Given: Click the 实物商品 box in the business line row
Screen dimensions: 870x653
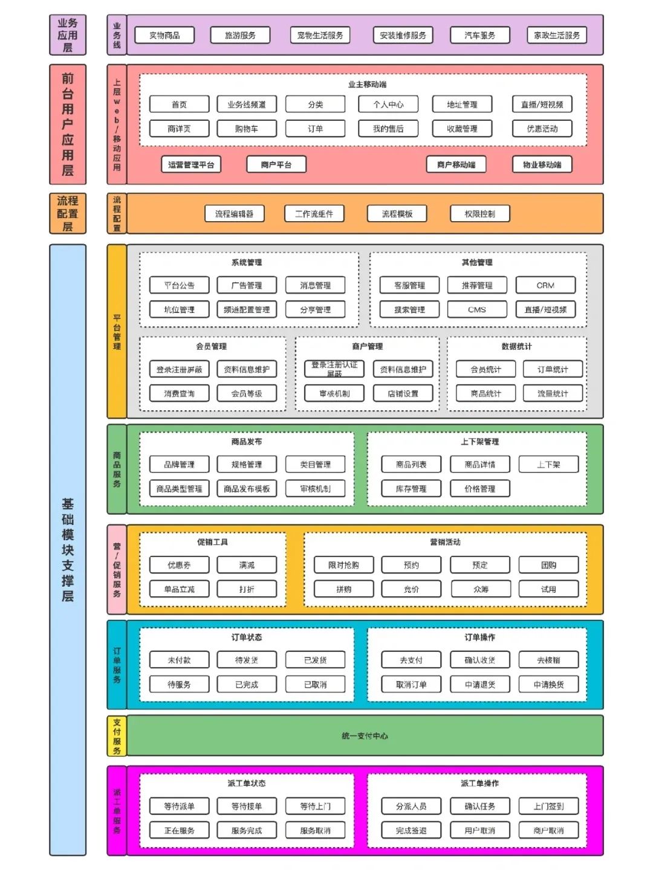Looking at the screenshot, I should click(164, 36).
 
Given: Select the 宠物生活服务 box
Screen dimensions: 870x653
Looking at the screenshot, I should click(320, 36).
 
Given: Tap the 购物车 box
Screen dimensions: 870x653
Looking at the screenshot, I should click(247, 129).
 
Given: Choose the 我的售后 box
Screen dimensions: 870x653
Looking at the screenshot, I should click(388, 129).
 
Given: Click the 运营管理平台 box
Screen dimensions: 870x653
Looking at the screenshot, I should click(191, 164).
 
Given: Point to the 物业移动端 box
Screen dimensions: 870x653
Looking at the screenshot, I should click(542, 164).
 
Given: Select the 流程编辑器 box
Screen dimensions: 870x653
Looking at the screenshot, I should click(235, 214).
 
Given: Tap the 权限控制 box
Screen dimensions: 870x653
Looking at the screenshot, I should click(479, 214).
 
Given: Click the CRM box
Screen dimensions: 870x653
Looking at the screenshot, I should click(545, 285).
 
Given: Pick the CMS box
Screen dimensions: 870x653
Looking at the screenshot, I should click(477, 309).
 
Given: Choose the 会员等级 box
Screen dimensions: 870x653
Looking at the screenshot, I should click(247, 393).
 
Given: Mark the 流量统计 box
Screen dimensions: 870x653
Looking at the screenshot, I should click(553, 393).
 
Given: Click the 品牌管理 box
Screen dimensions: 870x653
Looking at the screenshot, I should click(179, 465).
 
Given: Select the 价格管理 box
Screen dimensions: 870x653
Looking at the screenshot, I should click(479, 489).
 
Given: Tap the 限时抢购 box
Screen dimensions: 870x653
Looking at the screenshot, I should click(343, 565).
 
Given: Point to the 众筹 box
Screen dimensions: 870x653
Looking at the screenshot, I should click(480, 589).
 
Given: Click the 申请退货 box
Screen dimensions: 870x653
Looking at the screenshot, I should click(480, 685).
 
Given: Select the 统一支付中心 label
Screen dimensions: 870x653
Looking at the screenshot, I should click(365, 736).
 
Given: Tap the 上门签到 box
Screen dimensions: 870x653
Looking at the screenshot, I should click(548, 806).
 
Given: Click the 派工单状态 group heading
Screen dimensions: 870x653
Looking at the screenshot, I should click(247, 783).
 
